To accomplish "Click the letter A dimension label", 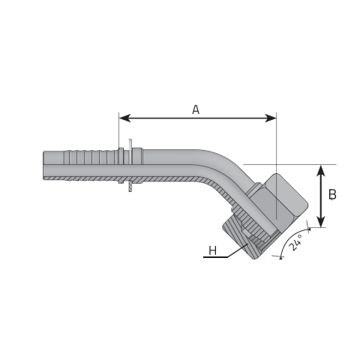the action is pyautogui.click(x=196, y=109).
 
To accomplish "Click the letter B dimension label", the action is pyautogui.click(x=332, y=194).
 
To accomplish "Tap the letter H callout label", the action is pyautogui.click(x=212, y=250).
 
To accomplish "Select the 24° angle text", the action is pyautogui.click(x=295, y=242).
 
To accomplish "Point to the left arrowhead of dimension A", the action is pyautogui.click(x=124, y=118).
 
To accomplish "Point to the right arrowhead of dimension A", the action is pyautogui.click(x=271, y=118).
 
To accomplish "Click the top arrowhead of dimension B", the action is pyautogui.click(x=321, y=171).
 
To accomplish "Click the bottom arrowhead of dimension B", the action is pyautogui.click(x=321, y=221).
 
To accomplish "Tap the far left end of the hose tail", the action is pyautogui.click(x=43, y=165).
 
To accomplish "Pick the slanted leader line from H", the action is pyautogui.click(x=238, y=250).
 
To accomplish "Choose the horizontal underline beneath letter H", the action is pyautogui.click(x=215, y=257).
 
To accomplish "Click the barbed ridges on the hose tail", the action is pyautogui.click(x=90, y=157).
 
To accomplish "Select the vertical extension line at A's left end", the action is pyautogui.click(x=119, y=130).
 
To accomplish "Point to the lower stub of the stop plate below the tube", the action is pyautogui.click(x=130, y=187).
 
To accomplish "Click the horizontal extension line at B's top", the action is pyautogui.click(x=289, y=165).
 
